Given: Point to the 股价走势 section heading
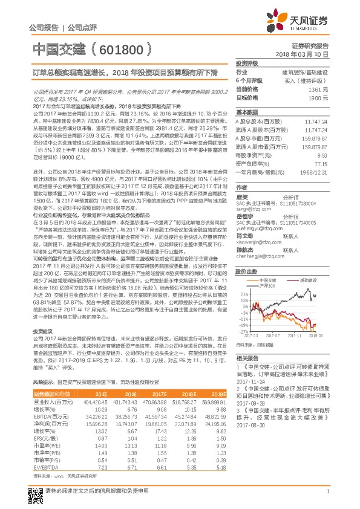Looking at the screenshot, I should click(246, 272).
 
